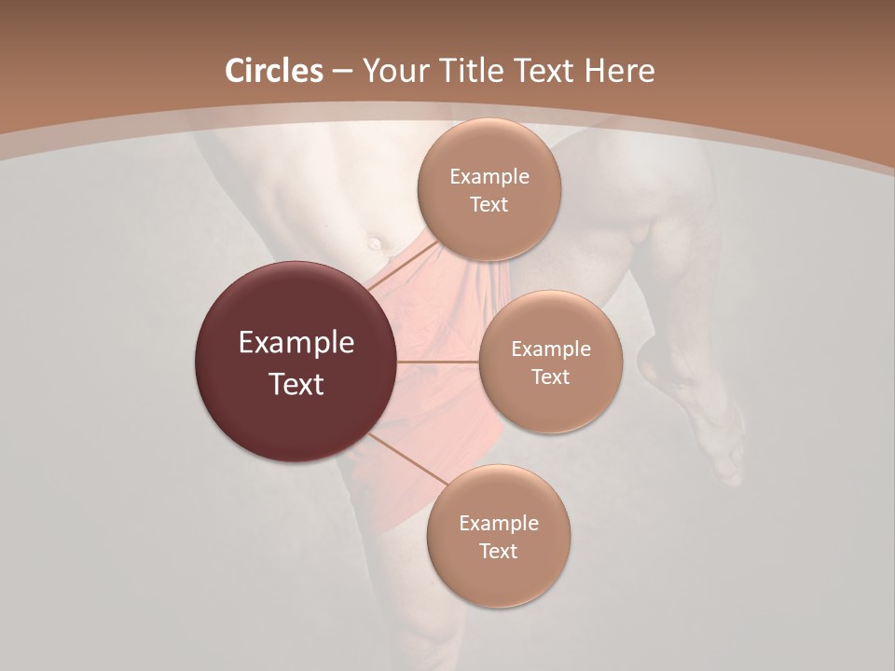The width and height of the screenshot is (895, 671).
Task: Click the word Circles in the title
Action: point(273,71)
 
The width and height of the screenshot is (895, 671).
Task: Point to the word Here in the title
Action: point(619,71)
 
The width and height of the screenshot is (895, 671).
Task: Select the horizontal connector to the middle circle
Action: point(438,362)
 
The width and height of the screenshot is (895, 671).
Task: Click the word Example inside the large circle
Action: point(296,343)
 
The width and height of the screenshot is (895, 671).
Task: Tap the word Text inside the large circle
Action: point(296,384)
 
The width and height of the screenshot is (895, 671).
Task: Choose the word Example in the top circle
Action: point(489,177)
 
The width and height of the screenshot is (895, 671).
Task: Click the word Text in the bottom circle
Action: point(498,551)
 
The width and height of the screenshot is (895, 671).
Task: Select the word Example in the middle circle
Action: point(550,349)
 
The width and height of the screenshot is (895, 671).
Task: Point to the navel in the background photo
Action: point(376,243)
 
